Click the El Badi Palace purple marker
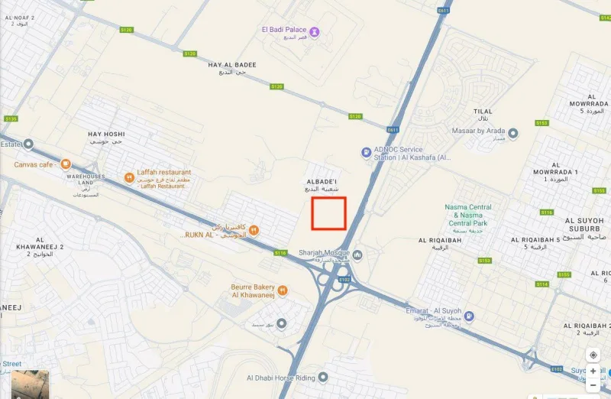click(314, 31)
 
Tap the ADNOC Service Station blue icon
click(367, 153)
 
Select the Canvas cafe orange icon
click(66, 164)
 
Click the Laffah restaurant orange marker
click(129, 177)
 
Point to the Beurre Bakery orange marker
click(283, 290)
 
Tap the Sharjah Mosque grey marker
click(357, 254)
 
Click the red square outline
click(329, 213)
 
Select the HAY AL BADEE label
click(232, 66)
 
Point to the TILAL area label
click(483, 112)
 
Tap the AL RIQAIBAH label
click(438, 241)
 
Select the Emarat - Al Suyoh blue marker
click(469, 316)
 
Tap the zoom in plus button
click(593, 371)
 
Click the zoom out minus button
click(593, 385)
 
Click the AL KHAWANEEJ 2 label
click(40, 248)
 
